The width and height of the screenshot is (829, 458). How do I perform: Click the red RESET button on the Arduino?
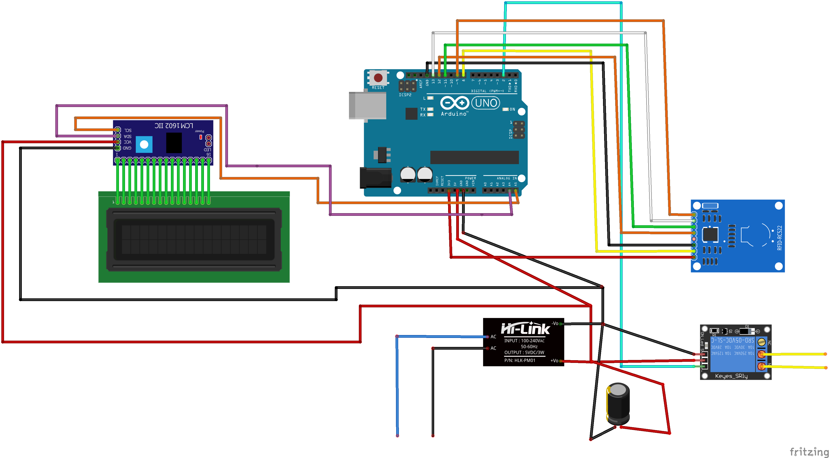[x=378, y=78]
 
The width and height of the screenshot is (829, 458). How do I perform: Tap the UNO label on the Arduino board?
[x=486, y=103]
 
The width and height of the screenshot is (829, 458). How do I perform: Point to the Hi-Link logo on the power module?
[x=525, y=328]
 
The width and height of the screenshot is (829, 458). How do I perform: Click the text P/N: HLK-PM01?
[x=520, y=360]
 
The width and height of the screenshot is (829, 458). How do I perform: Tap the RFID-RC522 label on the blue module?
[x=780, y=238]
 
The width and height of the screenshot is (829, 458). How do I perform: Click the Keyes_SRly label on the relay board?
[x=731, y=376]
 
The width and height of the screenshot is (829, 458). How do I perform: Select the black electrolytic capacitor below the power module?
[x=618, y=404]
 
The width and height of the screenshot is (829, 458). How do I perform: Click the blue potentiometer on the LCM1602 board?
[x=144, y=145]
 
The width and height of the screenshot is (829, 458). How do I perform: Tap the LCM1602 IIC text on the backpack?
[x=174, y=125]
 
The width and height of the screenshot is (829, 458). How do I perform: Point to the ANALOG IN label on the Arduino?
[x=507, y=178]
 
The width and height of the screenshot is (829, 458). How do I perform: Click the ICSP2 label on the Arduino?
[x=405, y=95]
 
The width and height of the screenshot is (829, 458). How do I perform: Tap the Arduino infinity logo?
[x=454, y=103]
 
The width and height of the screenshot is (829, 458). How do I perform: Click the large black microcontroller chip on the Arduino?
[x=474, y=157]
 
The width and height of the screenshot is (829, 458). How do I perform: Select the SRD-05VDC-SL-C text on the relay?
[x=732, y=340]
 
